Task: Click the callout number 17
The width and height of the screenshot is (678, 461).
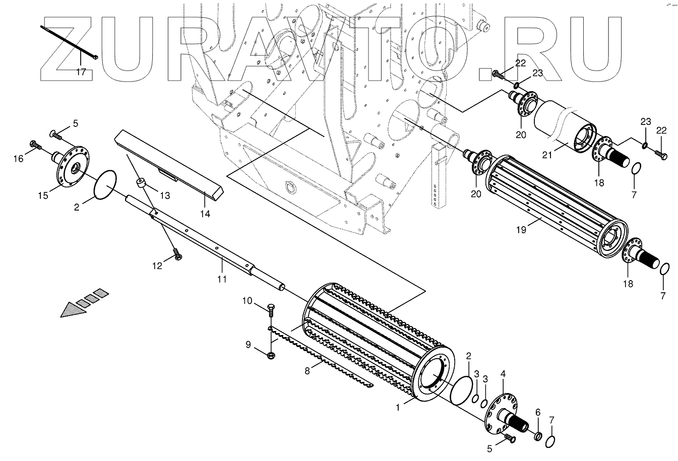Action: pos(81,72)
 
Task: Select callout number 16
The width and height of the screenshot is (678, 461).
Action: pos(19,159)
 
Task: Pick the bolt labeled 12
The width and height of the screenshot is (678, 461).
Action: pos(176,254)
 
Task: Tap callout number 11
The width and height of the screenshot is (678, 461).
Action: pos(221,278)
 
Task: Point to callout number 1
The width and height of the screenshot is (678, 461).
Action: pos(398,407)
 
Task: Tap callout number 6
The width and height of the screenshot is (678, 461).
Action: pos(537,412)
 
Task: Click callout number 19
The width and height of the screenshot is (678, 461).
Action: pos(521,230)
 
